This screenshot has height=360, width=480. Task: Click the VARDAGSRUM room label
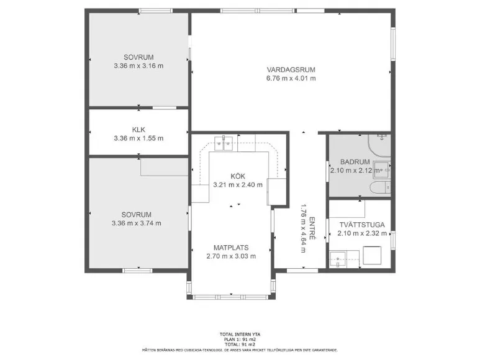pyautogui.click(x=291, y=70)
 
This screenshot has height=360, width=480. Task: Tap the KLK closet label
pyautogui.click(x=138, y=130)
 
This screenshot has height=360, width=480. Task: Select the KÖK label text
pyautogui.click(x=238, y=176)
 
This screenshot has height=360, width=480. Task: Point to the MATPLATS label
pyautogui.click(x=231, y=248)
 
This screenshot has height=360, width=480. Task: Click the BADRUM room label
pyautogui.click(x=355, y=162)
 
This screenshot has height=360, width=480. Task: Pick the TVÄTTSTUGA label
pyautogui.click(x=362, y=225)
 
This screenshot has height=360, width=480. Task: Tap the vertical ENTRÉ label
pyautogui.click(x=312, y=228)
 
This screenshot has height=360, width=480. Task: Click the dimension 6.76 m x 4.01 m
pyautogui.click(x=291, y=78)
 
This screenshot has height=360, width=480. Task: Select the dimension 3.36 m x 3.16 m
pyautogui.click(x=138, y=66)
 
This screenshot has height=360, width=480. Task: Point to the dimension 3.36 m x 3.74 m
pyautogui.click(x=137, y=223)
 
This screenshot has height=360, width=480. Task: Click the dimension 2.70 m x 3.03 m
pyautogui.click(x=231, y=256)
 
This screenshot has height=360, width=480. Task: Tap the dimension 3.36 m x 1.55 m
pyautogui.click(x=138, y=138)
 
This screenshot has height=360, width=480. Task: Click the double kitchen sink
pyautogui.click(x=224, y=143)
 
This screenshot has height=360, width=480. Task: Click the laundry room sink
pyautogui.click(x=338, y=259)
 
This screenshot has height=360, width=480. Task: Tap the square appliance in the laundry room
pyautogui.click(x=372, y=255)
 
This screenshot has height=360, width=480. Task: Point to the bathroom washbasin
pyautogui.click(x=382, y=170)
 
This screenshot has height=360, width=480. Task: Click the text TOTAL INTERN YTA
pyautogui.click(x=240, y=335)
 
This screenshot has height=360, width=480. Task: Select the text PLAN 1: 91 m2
pyautogui.click(x=240, y=340)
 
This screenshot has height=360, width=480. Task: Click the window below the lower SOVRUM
pyautogui.click(x=137, y=271)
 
